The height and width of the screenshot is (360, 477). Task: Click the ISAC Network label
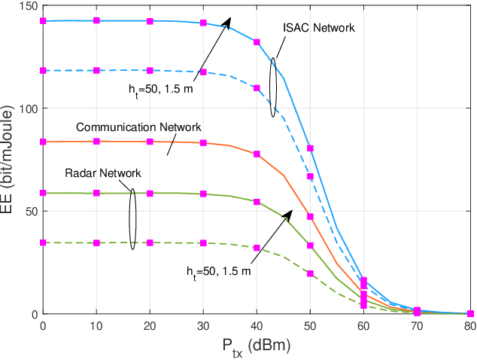pos(318,28)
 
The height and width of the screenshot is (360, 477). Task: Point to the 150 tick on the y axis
pos(29,6)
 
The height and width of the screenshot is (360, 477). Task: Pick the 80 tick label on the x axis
pos(470,326)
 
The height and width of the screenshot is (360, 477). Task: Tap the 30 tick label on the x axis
pos(203,326)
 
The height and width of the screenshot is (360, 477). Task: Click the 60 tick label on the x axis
pos(363,326)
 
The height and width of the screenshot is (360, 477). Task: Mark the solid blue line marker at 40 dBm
pos(257,42)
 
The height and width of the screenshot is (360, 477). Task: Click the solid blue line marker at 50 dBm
pos(310,148)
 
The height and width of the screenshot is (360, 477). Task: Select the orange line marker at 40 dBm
pos(257,154)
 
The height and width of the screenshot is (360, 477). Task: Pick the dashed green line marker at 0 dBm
pos(43,243)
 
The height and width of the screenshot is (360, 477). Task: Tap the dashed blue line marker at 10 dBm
pos(96,71)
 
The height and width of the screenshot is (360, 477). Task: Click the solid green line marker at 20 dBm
pos(150,194)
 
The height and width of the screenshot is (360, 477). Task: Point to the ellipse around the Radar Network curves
pos(133,218)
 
